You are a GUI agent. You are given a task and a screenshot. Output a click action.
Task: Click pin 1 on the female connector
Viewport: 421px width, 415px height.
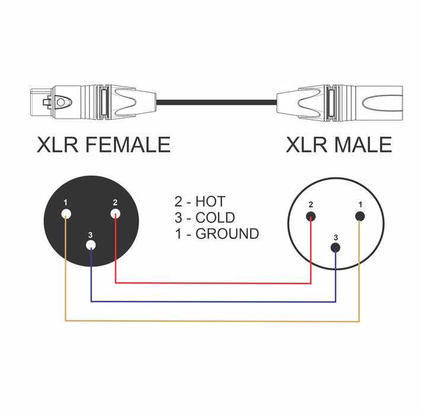click(x=66, y=215)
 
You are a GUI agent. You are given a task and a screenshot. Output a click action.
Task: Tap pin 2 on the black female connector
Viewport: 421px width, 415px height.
click(x=115, y=214)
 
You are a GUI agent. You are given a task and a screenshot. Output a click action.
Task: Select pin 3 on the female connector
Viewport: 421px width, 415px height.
click(x=91, y=245)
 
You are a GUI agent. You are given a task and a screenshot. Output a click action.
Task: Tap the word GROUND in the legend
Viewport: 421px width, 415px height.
click(x=227, y=234)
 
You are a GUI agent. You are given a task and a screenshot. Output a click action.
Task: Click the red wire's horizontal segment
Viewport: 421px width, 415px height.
click(x=213, y=283)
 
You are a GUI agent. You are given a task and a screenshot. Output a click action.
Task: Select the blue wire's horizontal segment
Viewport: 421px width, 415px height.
click(x=213, y=301)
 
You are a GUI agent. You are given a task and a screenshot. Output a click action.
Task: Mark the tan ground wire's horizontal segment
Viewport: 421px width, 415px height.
click(x=213, y=321)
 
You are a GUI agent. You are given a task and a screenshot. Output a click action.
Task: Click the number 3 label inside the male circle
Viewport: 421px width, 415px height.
click(x=336, y=237)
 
